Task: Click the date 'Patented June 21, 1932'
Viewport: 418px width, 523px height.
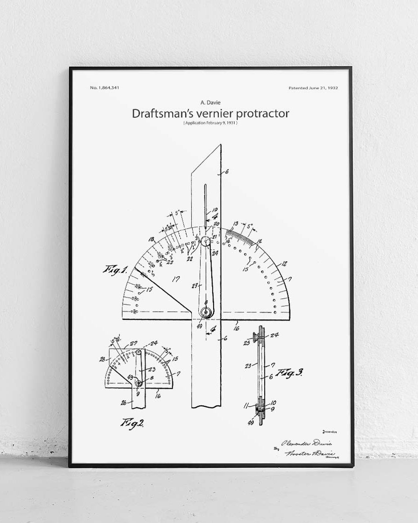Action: pyautogui.click(x=313, y=87)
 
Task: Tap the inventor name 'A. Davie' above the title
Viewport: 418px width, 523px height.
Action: pyautogui.click(x=209, y=103)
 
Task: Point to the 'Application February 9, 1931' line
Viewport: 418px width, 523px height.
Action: pyautogui.click(x=210, y=123)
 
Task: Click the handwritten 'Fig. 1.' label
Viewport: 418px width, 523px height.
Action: pyautogui.click(x=115, y=270)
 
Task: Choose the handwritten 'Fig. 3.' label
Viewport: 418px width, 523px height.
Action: pyautogui.click(x=289, y=373)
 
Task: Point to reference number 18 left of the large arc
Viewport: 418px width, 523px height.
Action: pyautogui.click(x=151, y=239)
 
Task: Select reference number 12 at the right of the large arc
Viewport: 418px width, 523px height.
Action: pyautogui.click(x=285, y=264)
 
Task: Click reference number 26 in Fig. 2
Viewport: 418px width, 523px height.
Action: pyautogui.click(x=124, y=403)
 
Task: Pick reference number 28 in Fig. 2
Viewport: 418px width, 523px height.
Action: pyautogui.click(x=102, y=359)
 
